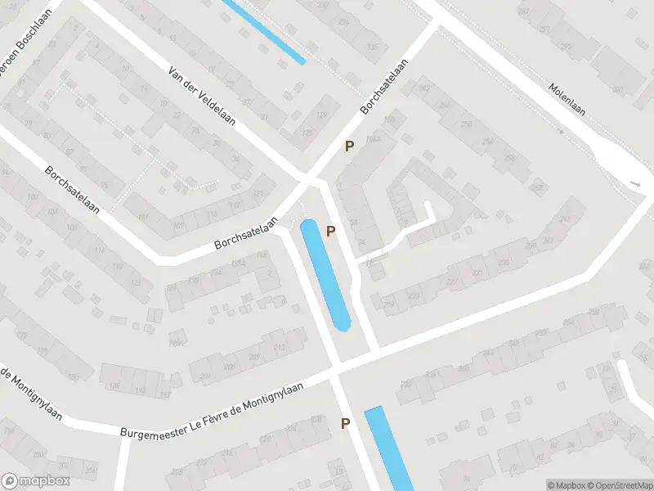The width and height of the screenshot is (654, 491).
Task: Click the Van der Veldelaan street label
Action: point(202,96)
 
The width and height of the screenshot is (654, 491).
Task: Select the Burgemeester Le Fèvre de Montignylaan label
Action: point(212,409)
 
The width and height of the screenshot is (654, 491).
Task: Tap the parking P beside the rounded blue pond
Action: point(331,232)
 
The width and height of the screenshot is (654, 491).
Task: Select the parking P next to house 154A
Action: point(349,146)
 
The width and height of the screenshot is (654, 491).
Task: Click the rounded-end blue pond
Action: point(325,274)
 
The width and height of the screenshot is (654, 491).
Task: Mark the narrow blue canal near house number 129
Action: point(263,31)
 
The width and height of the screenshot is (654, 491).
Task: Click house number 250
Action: point(467,123)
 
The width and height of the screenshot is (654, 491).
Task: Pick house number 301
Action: point(617,90)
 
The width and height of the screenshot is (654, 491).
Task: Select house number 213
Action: point(280,349)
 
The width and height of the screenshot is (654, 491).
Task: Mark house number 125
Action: point(307,133)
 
